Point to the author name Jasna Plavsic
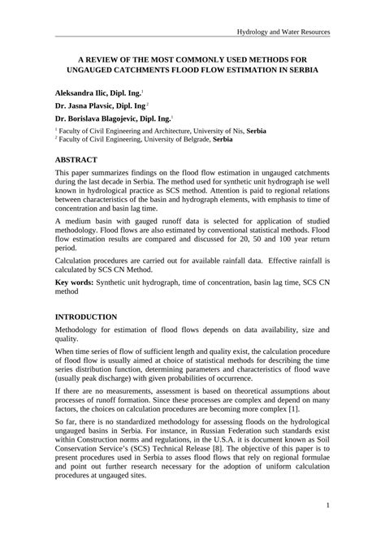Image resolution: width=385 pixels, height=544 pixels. pyautogui.click(x=95, y=106)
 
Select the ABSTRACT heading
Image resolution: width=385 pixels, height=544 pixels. pyautogui.click(x=76, y=160)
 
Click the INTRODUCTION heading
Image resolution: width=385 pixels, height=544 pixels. pyautogui.click(x=85, y=316)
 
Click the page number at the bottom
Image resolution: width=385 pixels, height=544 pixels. pyautogui.click(x=327, y=528)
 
